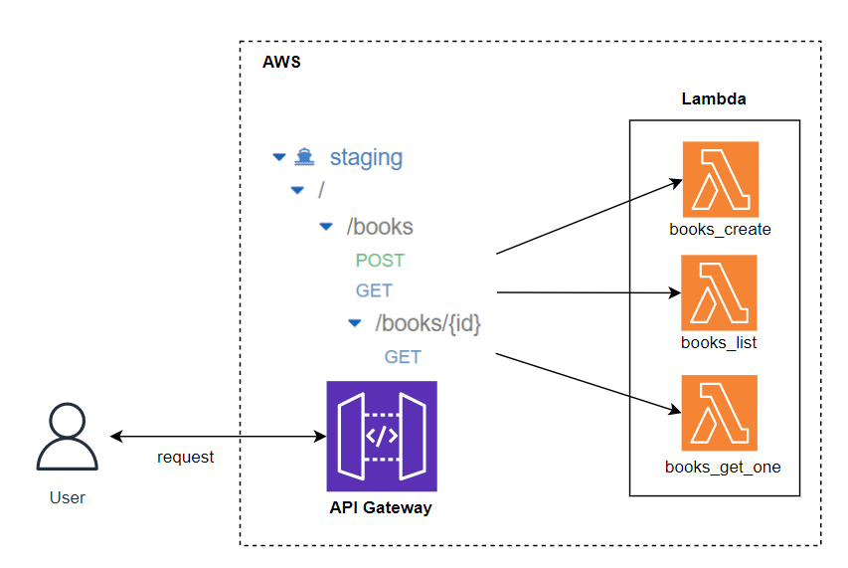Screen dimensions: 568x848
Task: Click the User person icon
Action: click(x=67, y=437)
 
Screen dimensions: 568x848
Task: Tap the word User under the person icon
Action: click(x=67, y=497)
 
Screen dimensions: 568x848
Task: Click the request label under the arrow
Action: click(x=185, y=458)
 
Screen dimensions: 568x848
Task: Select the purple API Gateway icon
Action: click(x=382, y=436)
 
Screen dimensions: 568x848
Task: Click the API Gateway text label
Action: click(x=381, y=508)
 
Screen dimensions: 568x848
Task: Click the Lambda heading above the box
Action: click(x=714, y=99)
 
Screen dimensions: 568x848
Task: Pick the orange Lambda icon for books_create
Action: click(x=721, y=179)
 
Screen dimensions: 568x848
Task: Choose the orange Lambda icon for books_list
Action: click(x=720, y=292)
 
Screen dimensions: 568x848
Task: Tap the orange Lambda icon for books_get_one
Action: click(x=720, y=412)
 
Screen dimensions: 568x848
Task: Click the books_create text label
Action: click(x=721, y=230)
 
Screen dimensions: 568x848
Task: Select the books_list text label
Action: click(x=719, y=343)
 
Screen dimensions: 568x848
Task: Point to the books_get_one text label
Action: click(x=723, y=467)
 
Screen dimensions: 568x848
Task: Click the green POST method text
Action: click(x=380, y=261)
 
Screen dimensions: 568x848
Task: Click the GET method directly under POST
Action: click(x=374, y=290)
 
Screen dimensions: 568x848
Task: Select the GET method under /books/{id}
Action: click(x=403, y=357)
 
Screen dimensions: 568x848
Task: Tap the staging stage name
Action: click(x=366, y=157)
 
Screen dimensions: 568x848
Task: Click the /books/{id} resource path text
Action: click(x=427, y=323)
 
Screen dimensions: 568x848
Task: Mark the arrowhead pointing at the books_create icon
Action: click(x=677, y=182)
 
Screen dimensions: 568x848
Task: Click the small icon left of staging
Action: click(x=305, y=156)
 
